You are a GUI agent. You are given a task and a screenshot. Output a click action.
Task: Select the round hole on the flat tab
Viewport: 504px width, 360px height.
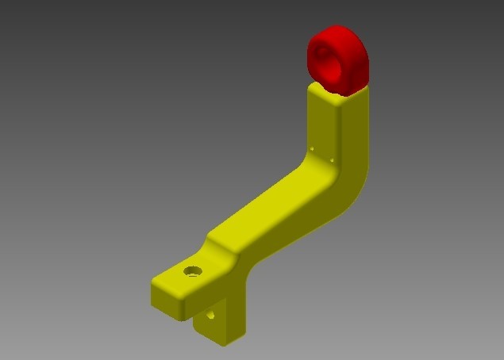tap(192, 271)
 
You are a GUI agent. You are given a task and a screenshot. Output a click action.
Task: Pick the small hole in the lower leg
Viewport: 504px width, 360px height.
tap(211, 315)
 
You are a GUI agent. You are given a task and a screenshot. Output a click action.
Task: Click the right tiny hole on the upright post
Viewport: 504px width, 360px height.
tap(331, 158)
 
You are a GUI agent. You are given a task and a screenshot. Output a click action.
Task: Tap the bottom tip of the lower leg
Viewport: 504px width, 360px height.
tap(225, 343)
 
